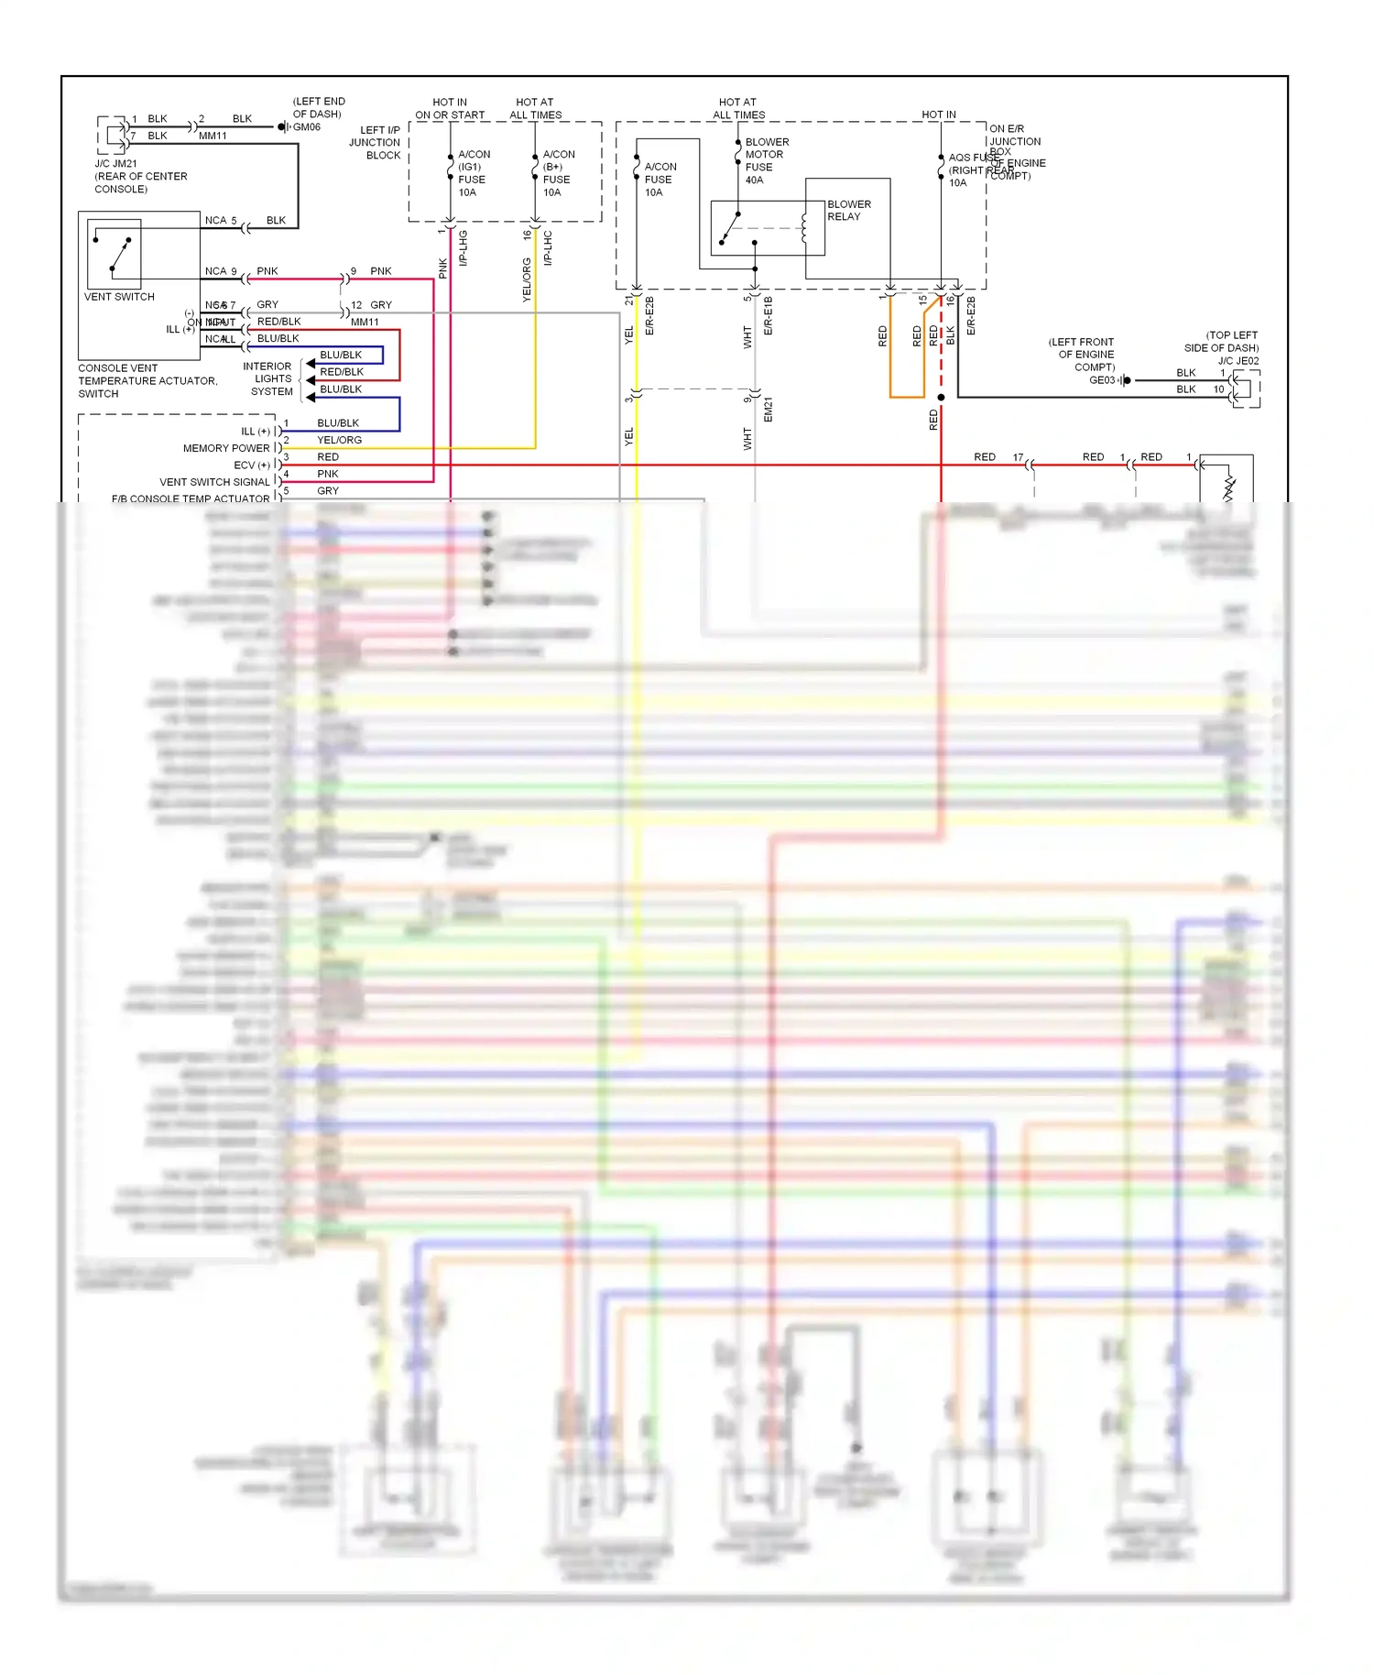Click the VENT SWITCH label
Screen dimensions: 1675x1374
pos(119,297)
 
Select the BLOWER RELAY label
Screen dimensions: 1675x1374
pos(848,211)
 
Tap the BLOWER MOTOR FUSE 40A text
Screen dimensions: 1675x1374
pos(766,161)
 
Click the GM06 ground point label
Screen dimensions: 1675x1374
pos(307,127)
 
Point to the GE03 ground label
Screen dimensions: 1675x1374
pos(1102,380)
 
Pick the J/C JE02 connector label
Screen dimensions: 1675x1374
pos(1238,361)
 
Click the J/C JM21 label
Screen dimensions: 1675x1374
pos(115,164)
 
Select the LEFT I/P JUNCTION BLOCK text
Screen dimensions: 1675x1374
pos(375,143)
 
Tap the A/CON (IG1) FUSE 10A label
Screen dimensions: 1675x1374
pos(474,173)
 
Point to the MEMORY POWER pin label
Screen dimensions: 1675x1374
pos(226,448)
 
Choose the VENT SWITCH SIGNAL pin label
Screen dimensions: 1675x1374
pos(215,482)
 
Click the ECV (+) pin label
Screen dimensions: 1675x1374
pos(252,465)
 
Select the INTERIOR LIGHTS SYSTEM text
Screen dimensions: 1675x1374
pos(267,378)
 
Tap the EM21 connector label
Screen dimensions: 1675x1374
pos(769,410)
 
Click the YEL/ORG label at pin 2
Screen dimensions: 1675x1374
pos(339,440)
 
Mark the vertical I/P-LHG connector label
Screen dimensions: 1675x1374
pos(463,248)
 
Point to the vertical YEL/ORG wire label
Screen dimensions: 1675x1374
pos(527,279)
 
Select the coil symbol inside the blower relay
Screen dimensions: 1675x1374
pos(804,228)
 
